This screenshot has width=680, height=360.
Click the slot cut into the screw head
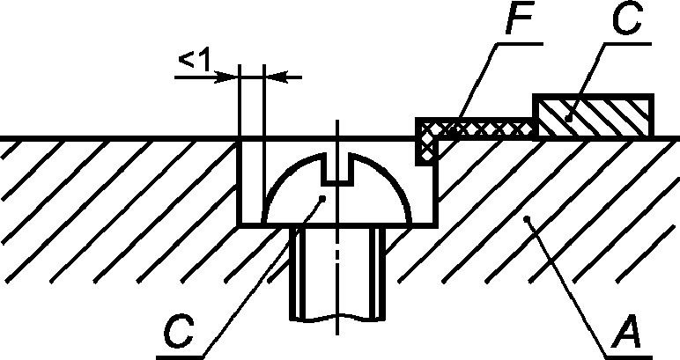338,170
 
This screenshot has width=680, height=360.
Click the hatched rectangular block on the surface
594,115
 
